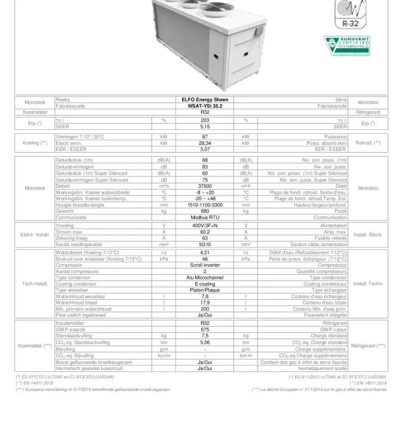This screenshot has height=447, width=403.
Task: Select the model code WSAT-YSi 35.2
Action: (205, 105)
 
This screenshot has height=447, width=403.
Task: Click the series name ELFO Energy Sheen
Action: (205, 100)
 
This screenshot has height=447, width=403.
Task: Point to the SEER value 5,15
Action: (205, 126)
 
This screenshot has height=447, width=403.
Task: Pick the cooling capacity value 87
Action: (205, 136)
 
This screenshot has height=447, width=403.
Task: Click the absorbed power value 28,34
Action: (205, 142)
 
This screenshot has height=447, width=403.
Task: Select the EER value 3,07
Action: (205, 148)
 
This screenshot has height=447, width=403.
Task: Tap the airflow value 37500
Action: (205, 185)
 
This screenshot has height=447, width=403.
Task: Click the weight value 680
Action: (205, 211)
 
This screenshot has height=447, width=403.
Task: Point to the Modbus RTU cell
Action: (205, 218)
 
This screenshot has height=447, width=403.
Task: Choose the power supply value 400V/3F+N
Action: (205, 226)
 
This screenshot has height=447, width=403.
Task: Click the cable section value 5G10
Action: (205, 244)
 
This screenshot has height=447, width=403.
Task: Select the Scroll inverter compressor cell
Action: (205, 265)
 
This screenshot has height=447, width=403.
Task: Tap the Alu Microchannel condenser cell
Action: (205, 277)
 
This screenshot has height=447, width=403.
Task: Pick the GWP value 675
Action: (205, 329)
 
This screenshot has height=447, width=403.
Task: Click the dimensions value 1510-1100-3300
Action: (205, 204)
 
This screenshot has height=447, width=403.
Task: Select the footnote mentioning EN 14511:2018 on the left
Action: (31, 383)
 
